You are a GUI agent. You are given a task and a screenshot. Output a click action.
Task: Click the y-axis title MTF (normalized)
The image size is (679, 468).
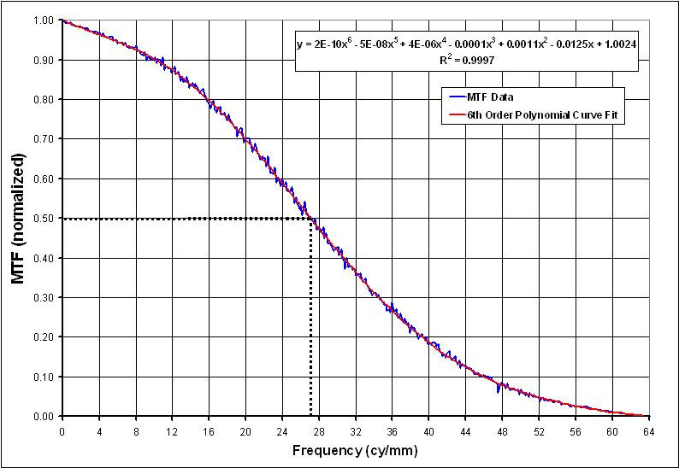point(18,218)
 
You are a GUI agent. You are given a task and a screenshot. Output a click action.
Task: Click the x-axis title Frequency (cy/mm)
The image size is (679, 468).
point(355,450)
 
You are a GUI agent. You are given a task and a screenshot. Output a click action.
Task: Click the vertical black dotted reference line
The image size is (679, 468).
point(310,325)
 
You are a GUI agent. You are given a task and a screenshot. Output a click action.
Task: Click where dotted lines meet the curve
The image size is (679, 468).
point(310,219)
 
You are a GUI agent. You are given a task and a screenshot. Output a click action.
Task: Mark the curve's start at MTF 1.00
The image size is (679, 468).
point(62,20)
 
